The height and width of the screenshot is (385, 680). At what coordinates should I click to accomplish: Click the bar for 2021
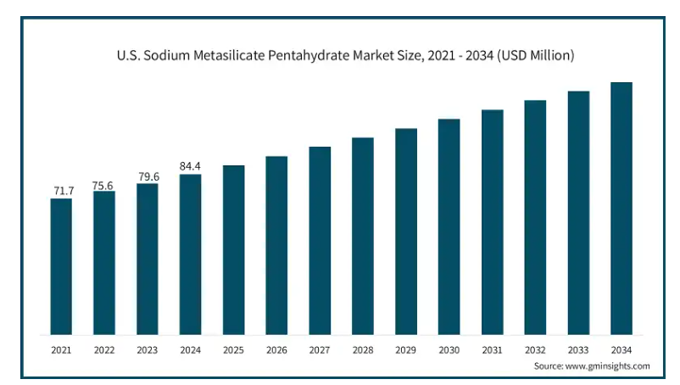pos(61,266)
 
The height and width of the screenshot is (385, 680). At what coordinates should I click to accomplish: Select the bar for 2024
pos(190,254)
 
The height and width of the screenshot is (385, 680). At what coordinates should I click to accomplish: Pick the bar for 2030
pos(449,226)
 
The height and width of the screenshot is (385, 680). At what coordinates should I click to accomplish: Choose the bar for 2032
pos(535,217)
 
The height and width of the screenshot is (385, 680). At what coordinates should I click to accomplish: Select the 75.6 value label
pos(104,184)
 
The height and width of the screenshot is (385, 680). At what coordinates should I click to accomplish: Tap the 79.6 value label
pos(148,176)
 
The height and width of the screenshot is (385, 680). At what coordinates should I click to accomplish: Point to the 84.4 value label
pos(190,166)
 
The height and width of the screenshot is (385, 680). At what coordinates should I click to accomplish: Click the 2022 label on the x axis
pos(104,349)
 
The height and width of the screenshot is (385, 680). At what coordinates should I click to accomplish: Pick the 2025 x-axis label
pos(233,349)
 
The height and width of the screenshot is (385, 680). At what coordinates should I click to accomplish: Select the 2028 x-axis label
pos(363,349)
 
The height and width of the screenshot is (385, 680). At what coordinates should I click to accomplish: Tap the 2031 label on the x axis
pos(492,349)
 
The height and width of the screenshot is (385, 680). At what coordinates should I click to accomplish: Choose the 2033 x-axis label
pos(578,349)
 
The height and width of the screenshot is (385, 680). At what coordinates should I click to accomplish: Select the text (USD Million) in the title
pos(537,56)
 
